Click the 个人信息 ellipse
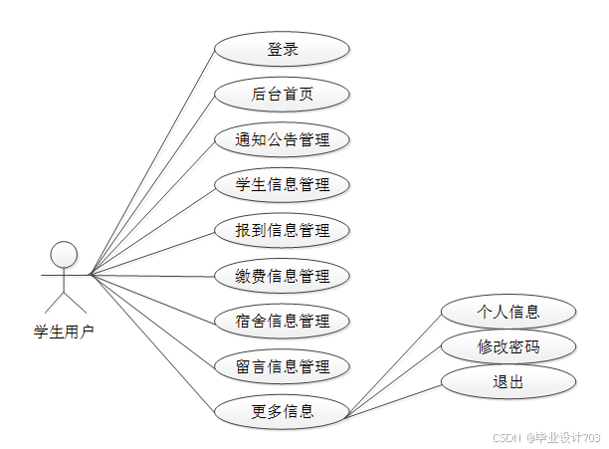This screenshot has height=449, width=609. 508,312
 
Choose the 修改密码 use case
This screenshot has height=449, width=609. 508,347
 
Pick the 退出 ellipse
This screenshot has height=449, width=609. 508,382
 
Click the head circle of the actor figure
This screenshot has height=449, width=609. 65,253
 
